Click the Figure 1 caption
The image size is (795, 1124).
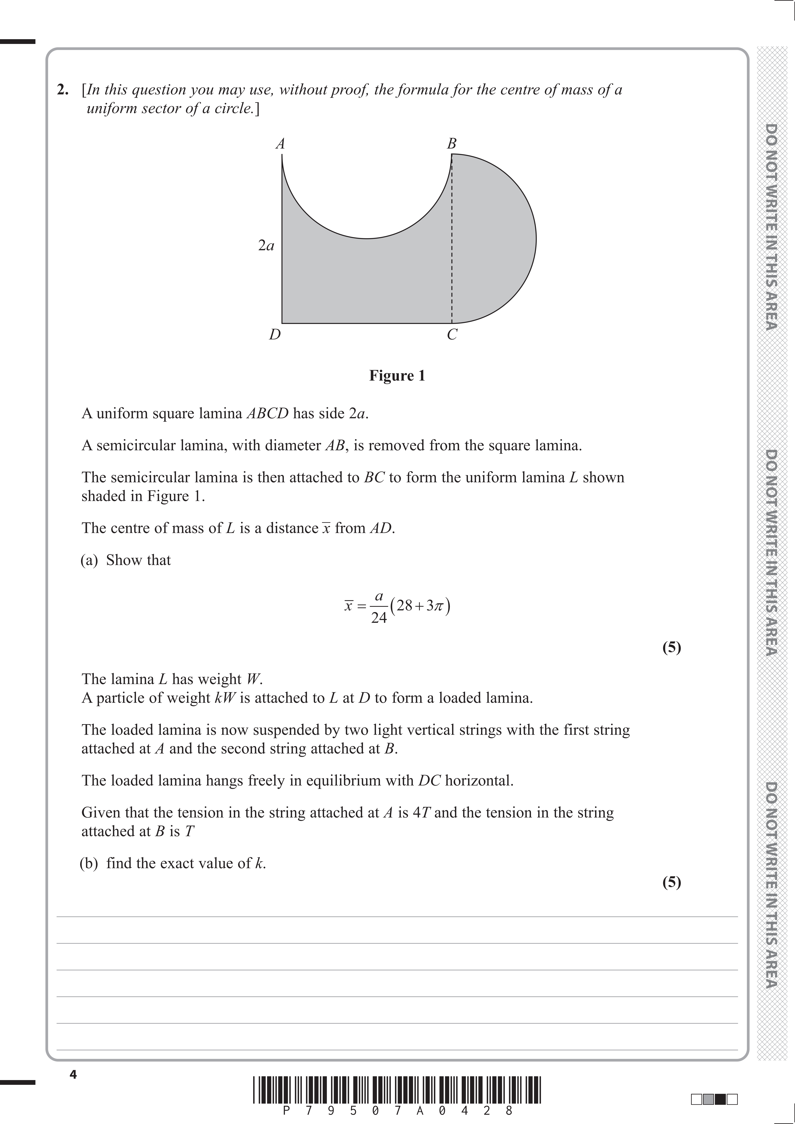[x=397, y=376]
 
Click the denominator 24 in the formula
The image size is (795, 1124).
[x=379, y=618]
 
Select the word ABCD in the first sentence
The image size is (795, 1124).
[x=267, y=414]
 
